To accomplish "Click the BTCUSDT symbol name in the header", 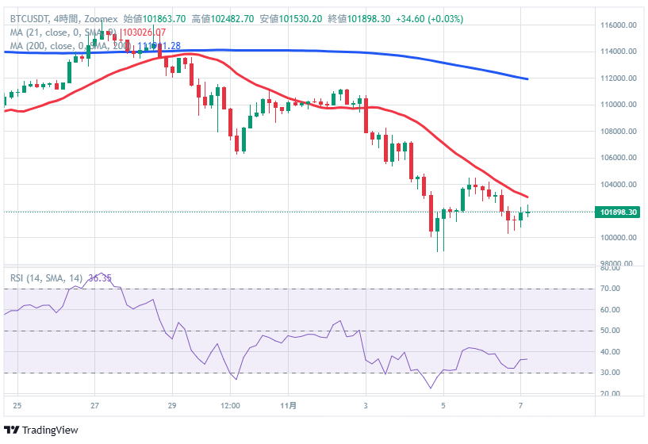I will tap(30, 18).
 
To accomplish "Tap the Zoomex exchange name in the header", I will tap(99, 18).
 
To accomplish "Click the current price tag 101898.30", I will tap(619, 212).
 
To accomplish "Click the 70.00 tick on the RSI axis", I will tap(610, 289).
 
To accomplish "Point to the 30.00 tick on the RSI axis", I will tap(610, 373).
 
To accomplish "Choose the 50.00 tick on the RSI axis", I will tap(610, 331).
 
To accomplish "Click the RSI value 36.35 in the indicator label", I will tap(101, 278).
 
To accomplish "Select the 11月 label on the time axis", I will tap(291, 406).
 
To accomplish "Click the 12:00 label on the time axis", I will tap(230, 406).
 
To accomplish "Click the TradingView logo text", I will tap(50, 430).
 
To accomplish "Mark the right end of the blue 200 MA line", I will tap(528, 79).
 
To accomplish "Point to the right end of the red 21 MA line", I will tap(528, 197).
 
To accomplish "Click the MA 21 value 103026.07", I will tap(143, 33).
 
